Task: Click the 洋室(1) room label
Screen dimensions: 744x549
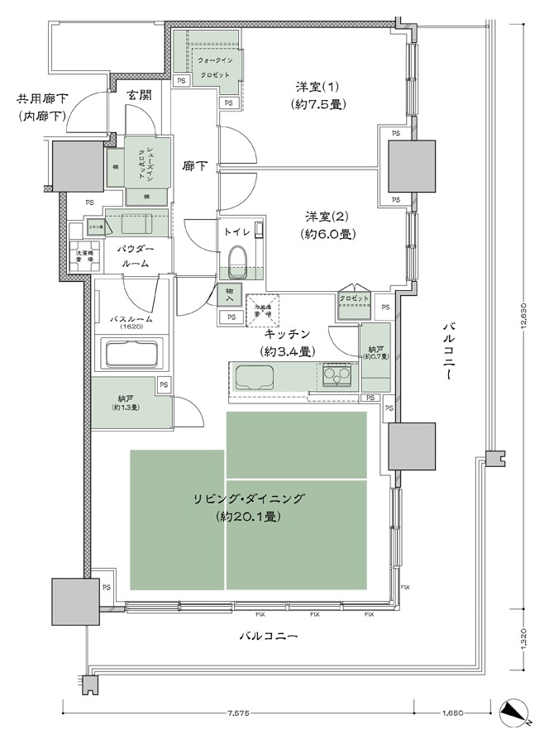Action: point(317,95)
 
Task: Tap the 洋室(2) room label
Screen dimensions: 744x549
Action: point(328,225)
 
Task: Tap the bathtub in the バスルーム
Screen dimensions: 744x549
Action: point(131,355)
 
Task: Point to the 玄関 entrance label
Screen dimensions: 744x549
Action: point(139,94)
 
